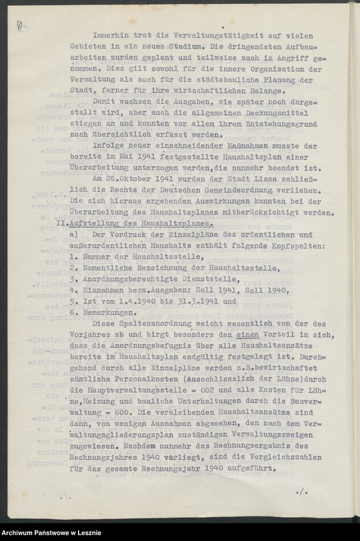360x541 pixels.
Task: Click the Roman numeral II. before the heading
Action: click(62, 223)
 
